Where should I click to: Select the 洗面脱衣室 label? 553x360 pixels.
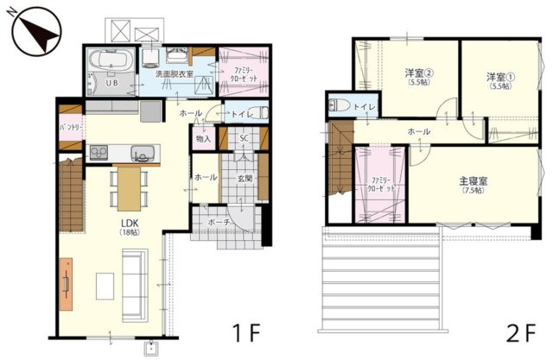coord(175,75)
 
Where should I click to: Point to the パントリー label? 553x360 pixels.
coord(69,127)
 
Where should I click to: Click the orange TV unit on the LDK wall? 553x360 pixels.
coord(66,284)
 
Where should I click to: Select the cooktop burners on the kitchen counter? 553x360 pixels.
coord(98,154)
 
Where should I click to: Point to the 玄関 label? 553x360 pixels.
coord(244,179)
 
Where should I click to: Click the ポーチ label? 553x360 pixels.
coord(219,222)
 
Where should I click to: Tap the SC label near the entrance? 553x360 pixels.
coord(244,138)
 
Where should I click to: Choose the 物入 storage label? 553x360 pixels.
coord(203,138)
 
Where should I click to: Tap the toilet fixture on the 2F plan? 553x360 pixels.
coord(340,107)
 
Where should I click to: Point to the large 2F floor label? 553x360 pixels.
coord(522,332)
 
